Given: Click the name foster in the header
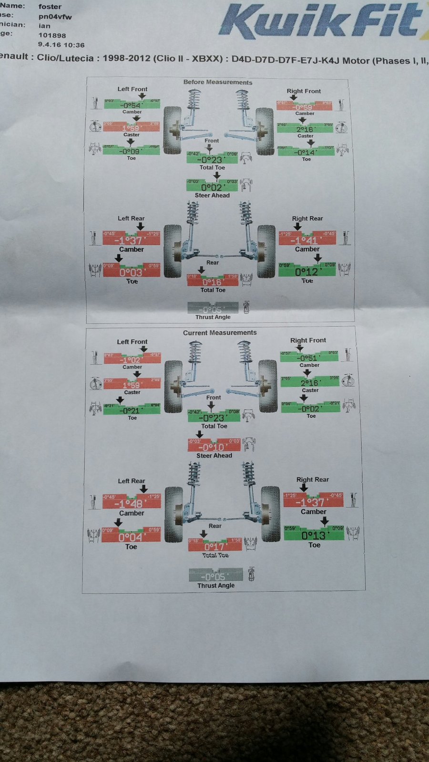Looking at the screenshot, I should [50, 7].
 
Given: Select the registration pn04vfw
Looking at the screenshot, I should [55, 16].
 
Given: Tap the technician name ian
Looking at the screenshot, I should [44, 26].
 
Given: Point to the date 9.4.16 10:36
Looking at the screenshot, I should [61, 45].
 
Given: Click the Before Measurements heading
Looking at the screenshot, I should [218, 82].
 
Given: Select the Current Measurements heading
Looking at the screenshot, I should [220, 333].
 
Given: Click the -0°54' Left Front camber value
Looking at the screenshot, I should [131, 105].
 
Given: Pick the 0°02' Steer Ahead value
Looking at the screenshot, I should [212, 187].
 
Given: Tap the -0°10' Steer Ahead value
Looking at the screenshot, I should [214, 447].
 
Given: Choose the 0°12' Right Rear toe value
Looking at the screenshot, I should [308, 272].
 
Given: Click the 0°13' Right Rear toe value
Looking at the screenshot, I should [313, 535].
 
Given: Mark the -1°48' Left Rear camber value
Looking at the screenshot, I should [130, 504].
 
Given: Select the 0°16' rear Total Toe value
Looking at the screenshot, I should [212, 282].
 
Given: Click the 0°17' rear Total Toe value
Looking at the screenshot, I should [214, 547].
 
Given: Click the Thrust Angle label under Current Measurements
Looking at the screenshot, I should [216, 585].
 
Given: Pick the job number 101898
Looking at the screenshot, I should [52, 35].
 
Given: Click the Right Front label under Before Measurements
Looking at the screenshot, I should [304, 91].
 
